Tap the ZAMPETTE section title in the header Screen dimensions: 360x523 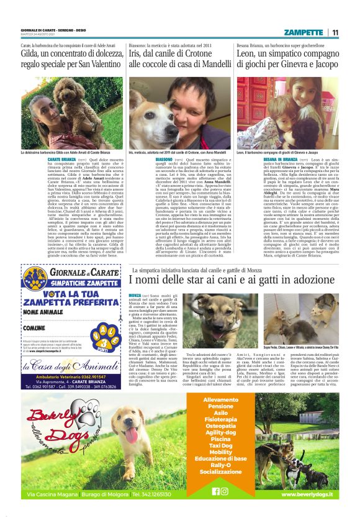[x=304, y=32]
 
